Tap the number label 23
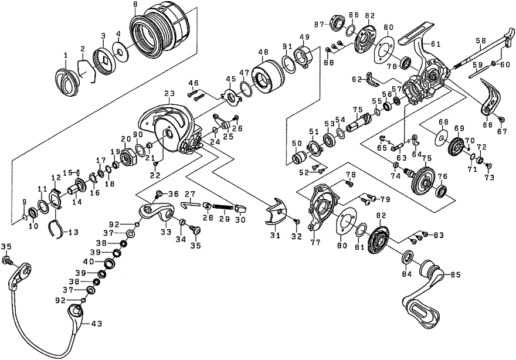tap(170, 93)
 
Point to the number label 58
tap(481, 40)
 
